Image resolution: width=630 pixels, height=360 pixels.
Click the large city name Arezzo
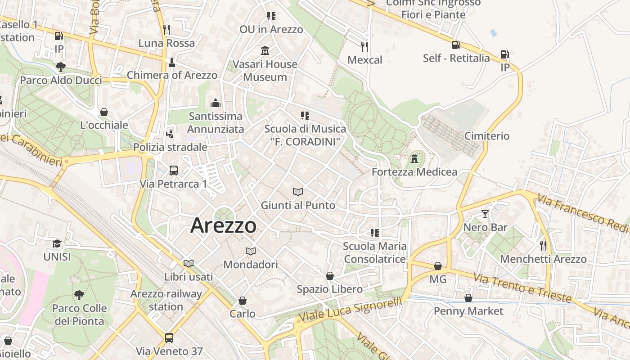click(x=223, y=225)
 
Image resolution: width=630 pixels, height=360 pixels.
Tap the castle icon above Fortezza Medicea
click(x=414, y=159)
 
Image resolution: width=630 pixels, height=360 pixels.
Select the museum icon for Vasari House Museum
click(x=265, y=51)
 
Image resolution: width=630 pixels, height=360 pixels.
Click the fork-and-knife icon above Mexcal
click(x=364, y=46)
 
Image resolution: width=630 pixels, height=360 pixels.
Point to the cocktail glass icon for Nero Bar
click(x=485, y=214)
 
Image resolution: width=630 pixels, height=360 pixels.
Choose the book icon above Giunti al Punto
click(x=297, y=192)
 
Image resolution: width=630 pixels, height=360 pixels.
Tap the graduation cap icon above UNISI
click(x=57, y=244)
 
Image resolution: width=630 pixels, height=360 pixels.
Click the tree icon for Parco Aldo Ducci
click(x=61, y=67)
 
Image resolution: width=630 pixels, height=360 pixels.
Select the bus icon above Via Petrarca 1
click(x=174, y=171)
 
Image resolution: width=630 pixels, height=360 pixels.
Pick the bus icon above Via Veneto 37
click(x=169, y=338)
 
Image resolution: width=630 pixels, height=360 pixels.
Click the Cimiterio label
click(x=487, y=136)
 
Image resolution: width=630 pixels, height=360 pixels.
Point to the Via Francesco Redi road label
click(x=582, y=214)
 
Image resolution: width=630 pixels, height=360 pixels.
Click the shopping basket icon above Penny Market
click(x=468, y=298)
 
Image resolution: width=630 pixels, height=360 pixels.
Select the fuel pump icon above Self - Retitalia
click(x=456, y=45)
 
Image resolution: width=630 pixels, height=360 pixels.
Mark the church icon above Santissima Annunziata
click(x=216, y=103)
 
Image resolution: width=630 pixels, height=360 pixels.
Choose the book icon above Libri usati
click(x=189, y=263)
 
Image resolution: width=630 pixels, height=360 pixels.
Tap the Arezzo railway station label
click(x=166, y=300)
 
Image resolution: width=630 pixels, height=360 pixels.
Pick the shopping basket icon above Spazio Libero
click(x=330, y=276)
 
